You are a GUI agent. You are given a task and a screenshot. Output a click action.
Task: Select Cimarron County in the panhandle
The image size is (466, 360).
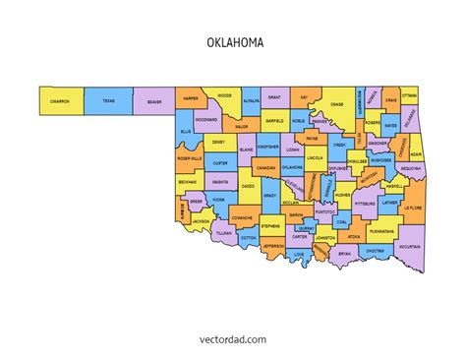(61, 101)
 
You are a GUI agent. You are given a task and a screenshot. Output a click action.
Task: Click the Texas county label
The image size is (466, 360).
(107, 101)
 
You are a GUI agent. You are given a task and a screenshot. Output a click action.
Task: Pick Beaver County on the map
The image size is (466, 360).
(154, 101)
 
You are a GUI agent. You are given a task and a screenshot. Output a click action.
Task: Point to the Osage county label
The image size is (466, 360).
(336, 104)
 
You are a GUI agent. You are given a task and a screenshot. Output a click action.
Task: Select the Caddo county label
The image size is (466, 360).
(248, 185)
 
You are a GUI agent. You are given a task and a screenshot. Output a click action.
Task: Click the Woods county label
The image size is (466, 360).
(223, 95)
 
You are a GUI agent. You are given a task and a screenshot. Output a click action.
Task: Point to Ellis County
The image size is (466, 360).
(185, 130)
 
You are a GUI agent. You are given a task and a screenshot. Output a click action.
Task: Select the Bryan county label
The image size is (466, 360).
(344, 253)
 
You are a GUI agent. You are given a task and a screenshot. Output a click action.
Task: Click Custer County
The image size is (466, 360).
(220, 163)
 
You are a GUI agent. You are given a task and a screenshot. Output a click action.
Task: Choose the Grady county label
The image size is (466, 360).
(269, 195)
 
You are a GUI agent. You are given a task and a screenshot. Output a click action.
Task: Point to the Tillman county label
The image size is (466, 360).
(224, 234)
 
